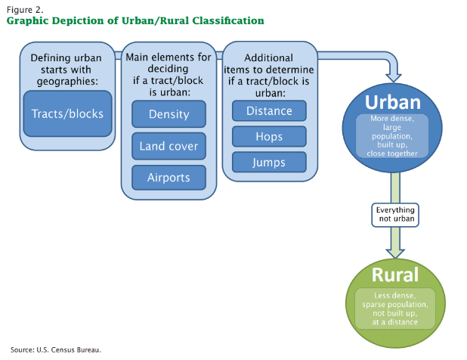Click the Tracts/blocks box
67,114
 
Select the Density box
169,114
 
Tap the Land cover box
169,146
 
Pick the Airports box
169,178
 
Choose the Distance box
269,111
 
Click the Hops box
269,136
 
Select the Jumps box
269,163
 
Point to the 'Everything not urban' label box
395,215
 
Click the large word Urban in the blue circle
393,102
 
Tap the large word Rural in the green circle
395,275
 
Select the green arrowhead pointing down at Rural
395,253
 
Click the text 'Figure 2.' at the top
25,10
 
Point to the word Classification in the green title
228,20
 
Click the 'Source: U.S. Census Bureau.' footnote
56,349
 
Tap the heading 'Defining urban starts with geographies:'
66,70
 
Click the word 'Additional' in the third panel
269,57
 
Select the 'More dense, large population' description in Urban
392,136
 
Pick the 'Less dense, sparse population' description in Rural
395,309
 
